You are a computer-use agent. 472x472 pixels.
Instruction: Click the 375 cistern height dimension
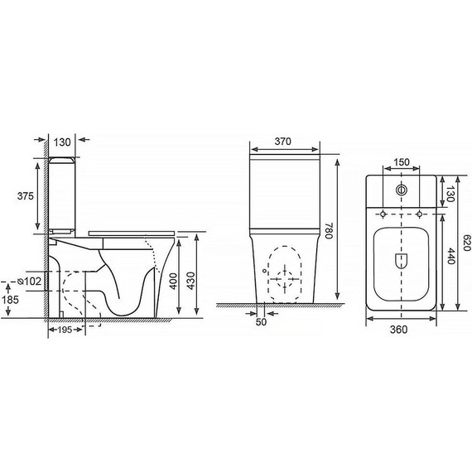click(26, 196)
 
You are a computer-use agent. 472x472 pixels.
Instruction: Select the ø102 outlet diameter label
click(29, 282)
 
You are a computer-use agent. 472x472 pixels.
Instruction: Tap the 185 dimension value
click(10, 300)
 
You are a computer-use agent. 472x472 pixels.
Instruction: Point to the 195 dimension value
click(65, 330)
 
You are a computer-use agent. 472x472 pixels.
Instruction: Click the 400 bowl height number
click(173, 281)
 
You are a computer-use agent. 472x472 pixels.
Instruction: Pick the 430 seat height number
click(191, 281)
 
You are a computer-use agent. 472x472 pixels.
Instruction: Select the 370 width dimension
click(283, 141)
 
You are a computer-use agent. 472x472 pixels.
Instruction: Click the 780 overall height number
click(329, 231)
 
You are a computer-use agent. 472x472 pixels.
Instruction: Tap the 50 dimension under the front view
click(261, 322)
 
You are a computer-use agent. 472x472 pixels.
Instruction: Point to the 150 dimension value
click(402, 162)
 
